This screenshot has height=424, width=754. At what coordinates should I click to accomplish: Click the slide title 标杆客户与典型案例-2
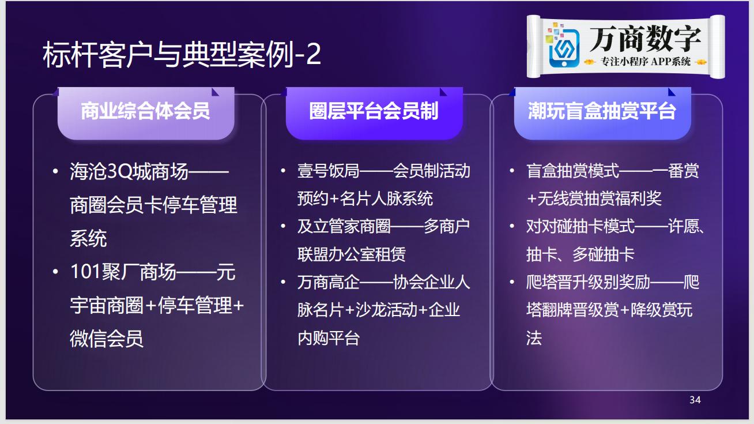point(182,55)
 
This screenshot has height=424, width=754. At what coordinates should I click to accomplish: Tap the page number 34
point(695,400)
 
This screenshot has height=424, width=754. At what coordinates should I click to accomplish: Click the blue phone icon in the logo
point(564,48)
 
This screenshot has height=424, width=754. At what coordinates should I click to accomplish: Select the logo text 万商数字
point(645,39)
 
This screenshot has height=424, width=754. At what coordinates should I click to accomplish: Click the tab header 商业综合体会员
point(145,111)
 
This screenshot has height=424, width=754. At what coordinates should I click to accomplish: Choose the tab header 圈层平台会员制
point(374,111)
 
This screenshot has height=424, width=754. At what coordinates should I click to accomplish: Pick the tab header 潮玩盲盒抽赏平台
point(602,111)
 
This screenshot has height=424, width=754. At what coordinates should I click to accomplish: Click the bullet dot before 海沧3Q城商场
point(55,171)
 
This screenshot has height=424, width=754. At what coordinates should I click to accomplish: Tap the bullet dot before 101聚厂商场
point(55,272)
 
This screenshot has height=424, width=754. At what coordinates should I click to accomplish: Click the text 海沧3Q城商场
point(129,171)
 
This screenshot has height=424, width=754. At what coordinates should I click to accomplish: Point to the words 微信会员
point(107,339)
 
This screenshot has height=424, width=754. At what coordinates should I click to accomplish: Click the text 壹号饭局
point(328,171)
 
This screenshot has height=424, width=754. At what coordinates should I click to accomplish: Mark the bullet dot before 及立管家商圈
point(283,226)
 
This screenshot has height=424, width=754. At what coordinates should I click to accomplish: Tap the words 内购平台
point(328,338)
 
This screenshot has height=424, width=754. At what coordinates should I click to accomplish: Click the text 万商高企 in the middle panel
point(328,282)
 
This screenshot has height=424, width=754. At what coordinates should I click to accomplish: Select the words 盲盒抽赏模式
point(573,171)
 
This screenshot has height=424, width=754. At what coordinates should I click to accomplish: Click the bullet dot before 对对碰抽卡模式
point(512,226)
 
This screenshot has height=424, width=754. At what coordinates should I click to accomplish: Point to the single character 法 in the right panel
point(534,338)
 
